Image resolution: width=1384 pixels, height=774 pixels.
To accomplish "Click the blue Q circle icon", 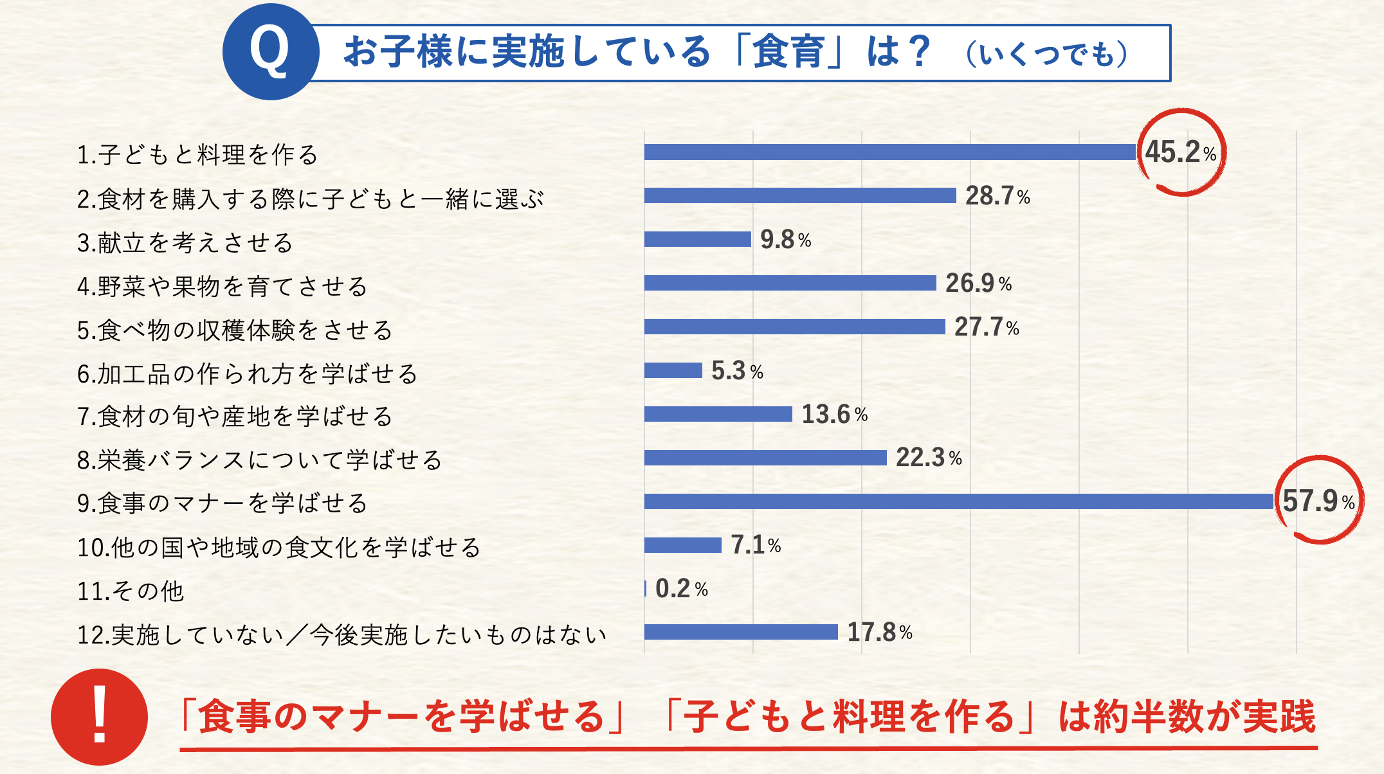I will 271,52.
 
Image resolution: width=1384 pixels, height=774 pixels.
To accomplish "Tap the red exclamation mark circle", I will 99,716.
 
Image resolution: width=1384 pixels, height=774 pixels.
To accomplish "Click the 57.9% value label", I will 1318,501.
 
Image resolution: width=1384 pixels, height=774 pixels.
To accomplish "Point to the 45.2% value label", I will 1180,153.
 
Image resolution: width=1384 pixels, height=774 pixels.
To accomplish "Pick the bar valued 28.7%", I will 800,195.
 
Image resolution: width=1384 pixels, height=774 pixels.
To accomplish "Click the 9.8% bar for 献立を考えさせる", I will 698,239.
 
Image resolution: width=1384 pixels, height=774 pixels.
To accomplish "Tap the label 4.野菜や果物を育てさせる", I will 223,286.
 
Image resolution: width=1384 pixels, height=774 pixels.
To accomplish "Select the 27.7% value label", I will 987,327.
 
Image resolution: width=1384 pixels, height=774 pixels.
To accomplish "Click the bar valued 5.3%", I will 673,370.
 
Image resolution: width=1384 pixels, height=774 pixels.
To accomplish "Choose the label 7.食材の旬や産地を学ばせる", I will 235,417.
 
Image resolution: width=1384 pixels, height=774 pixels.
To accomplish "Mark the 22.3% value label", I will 929,458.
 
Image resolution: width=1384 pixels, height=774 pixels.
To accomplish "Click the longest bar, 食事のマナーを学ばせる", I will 958,501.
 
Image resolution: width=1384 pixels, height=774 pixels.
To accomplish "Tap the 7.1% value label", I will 756,545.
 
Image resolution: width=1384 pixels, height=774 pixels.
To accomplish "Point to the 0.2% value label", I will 681,589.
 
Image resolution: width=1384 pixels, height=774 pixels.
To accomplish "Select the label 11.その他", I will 131,591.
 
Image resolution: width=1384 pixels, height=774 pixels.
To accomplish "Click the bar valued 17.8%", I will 741,632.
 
